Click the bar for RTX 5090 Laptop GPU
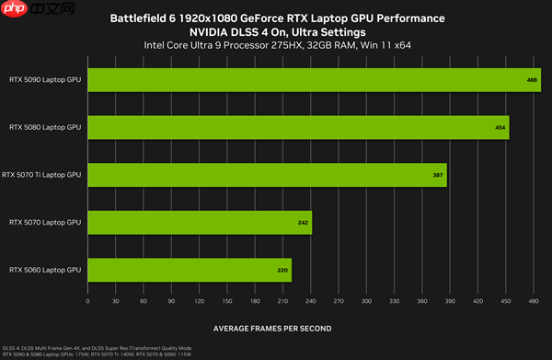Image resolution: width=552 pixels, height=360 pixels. coord(313,79)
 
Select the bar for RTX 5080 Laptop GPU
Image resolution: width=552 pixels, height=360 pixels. coord(297,127)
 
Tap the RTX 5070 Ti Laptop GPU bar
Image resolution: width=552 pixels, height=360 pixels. coord(267,174)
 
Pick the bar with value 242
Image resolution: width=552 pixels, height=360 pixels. coord(200,222)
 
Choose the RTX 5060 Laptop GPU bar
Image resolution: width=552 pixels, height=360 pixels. coord(189,270)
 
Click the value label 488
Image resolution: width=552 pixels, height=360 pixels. coord(532,80)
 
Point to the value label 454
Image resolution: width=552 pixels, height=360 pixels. coord(500,128)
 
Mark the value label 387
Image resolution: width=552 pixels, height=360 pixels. coord(438,175)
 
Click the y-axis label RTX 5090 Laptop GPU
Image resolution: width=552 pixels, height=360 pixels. coord(45,79)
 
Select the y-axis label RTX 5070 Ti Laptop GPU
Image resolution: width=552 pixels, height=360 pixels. coord(42,174)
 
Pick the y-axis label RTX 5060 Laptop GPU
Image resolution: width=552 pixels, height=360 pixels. coord(45,270)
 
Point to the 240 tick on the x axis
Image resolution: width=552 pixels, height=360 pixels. coord(311,301)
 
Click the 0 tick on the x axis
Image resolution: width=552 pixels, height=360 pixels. coord(87,301)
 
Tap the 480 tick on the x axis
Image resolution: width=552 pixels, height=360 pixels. coord(535,301)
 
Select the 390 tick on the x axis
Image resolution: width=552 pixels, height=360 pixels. coord(451,301)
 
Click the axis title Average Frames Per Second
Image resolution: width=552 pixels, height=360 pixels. coord(272,328)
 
